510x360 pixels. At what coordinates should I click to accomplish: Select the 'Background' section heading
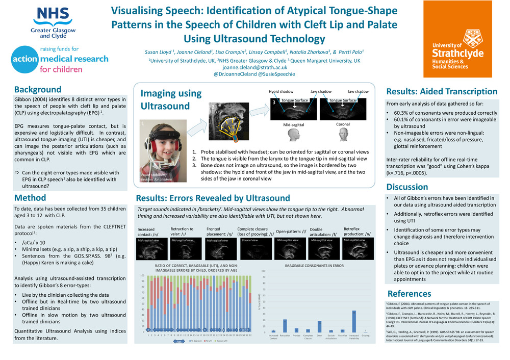coord(38,89)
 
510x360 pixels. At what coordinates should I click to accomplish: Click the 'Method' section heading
coord(30,198)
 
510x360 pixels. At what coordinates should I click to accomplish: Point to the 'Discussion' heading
coord(407,187)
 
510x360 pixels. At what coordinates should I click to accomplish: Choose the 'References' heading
coord(409,294)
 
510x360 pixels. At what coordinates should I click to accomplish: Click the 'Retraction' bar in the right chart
coord(285,326)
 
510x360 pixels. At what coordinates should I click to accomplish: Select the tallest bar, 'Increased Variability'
coord(354,321)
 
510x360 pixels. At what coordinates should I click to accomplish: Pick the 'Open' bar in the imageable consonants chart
coord(319,326)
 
